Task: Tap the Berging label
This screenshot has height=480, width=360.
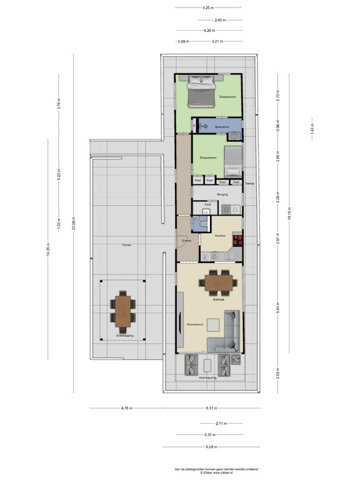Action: tap(223, 194)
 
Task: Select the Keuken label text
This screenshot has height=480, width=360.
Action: tap(220, 236)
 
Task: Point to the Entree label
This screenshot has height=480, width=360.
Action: tap(186, 240)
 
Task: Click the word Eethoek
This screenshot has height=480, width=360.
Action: tap(219, 300)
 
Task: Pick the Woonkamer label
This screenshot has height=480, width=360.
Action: tap(195, 324)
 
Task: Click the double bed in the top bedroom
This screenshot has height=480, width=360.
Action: tap(201, 92)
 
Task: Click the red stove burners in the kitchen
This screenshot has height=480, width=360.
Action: tap(237, 239)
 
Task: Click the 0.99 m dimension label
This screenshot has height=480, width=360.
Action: tap(183, 42)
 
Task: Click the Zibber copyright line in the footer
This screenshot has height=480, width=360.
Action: tap(216, 473)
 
